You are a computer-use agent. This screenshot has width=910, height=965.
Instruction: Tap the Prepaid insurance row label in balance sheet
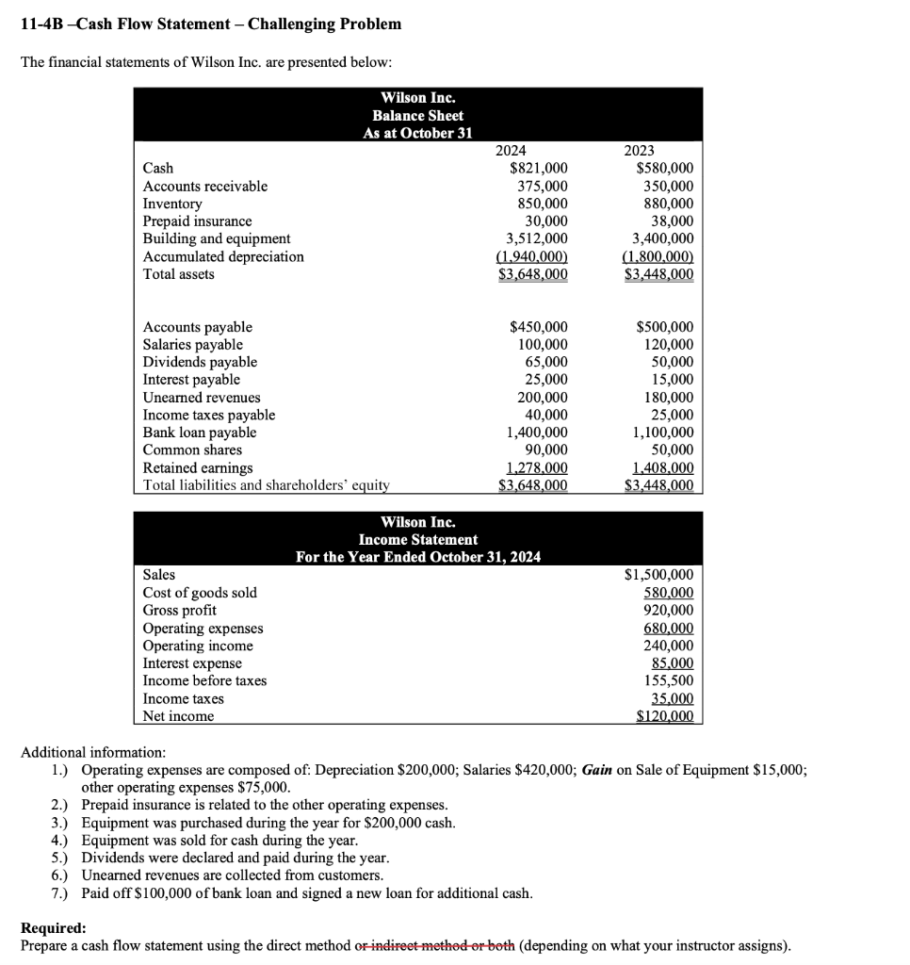(x=197, y=221)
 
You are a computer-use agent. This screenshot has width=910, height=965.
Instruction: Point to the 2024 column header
(x=511, y=151)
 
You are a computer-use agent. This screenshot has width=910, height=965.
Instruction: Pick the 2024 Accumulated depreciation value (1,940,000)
(x=531, y=256)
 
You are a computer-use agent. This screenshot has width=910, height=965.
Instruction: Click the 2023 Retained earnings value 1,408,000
(x=664, y=467)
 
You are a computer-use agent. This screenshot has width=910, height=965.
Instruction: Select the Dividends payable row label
(x=200, y=362)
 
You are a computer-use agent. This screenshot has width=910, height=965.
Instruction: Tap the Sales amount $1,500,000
(x=659, y=575)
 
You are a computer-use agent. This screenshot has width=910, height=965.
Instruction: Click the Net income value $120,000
(x=664, y=716)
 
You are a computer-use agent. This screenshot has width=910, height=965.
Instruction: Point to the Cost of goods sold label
(x=200, y=593)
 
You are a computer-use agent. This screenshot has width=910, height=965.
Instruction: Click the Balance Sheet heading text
(x=418, y=115)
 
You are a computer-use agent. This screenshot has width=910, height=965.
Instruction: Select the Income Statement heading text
(x=418, y=539)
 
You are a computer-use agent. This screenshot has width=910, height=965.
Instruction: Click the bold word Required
(x=54, y=927)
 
